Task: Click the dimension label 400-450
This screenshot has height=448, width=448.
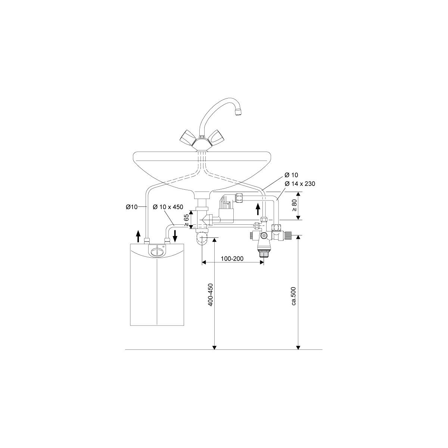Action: (211, 295)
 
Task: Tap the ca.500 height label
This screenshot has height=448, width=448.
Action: (294, 296)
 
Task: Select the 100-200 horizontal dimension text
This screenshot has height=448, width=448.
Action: (232, 258)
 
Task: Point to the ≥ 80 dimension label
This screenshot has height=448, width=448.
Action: (295, 205)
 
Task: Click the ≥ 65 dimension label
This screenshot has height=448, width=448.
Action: (186, 220)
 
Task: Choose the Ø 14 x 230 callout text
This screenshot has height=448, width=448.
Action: (300, 184)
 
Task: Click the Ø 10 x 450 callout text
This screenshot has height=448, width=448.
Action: (168, 207)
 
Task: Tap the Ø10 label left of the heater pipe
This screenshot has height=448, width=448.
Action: (132, 207)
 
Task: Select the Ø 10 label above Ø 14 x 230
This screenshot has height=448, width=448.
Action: (291, 175)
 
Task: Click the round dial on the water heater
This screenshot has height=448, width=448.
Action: (157, 252)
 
